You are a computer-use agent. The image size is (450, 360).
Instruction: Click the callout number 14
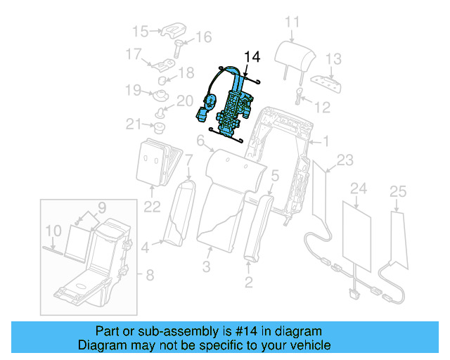(251, 56)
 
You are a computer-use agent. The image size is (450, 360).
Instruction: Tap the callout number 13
(333, 58)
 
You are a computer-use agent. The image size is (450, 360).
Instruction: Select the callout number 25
(398, 191)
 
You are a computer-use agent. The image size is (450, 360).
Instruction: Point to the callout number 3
(207, 266)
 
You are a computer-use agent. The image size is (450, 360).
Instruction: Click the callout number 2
(247, 283)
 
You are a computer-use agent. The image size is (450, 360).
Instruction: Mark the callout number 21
(134, 124)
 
